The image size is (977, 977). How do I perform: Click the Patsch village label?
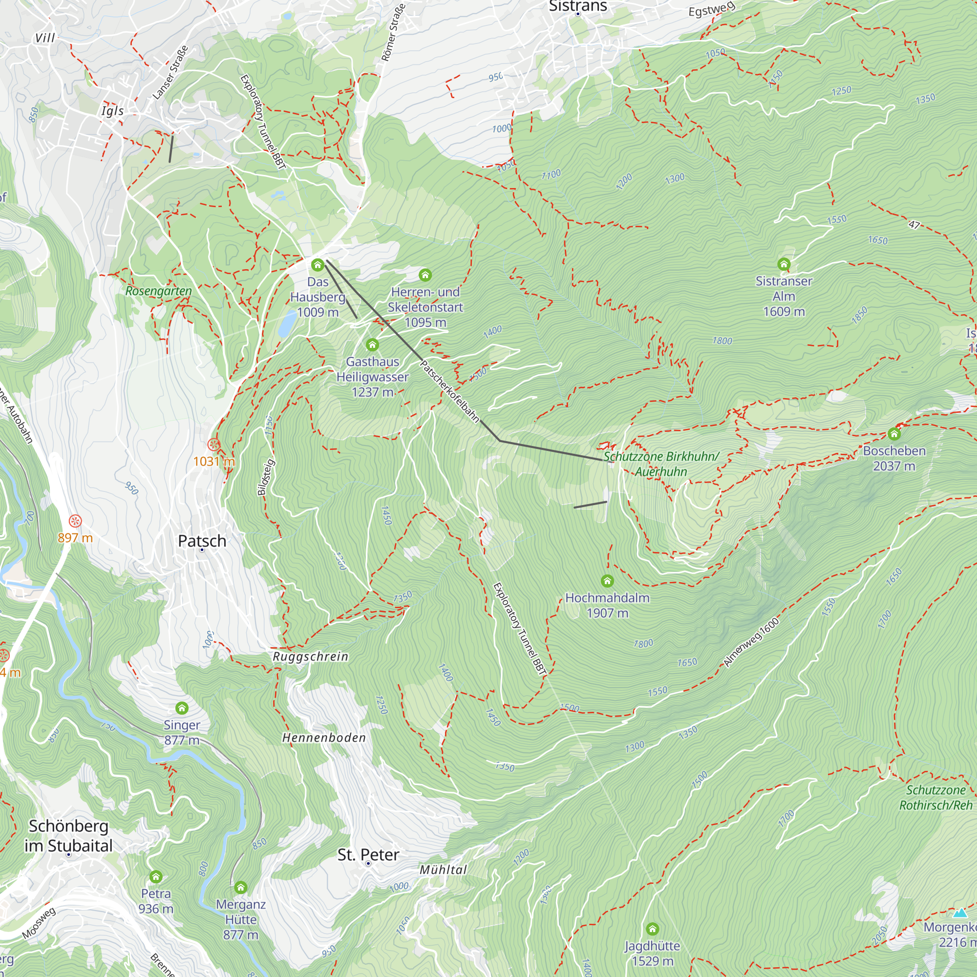click(x=202, y=541)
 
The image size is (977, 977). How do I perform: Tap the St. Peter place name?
click(x=368, y=854)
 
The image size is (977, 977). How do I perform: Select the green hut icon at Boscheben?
click(x=893, y=434)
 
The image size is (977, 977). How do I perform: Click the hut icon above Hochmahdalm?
click(x=607, y=580)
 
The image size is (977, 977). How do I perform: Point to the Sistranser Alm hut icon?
click(x=784, y=264)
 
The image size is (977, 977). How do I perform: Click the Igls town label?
click(x=112, y=111)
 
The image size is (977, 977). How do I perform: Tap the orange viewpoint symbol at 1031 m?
click(x=214, y=445)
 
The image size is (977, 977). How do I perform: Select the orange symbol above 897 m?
click(x=75, y=521)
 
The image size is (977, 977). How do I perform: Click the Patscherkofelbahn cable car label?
click(x=449, y=391)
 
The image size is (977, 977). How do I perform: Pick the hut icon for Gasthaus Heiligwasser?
click(x=372, y=345)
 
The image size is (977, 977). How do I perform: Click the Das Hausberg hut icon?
click(x=317, y=264)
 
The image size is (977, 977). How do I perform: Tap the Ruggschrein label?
click(x=310, y=657)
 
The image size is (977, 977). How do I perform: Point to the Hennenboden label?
click(x=324, y=738)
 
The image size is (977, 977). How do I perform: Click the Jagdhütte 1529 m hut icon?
click(x=652, y=929)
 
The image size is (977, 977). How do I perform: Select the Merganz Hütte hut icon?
click(x=241, y=888)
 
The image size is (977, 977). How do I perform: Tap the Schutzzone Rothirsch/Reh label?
click(x=935, y=798)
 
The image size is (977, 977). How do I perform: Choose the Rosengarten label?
click(x=158, y=291)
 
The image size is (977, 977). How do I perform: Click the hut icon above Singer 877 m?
click(x=182, y=708)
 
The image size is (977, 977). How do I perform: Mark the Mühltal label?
click(x=443, y=870)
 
